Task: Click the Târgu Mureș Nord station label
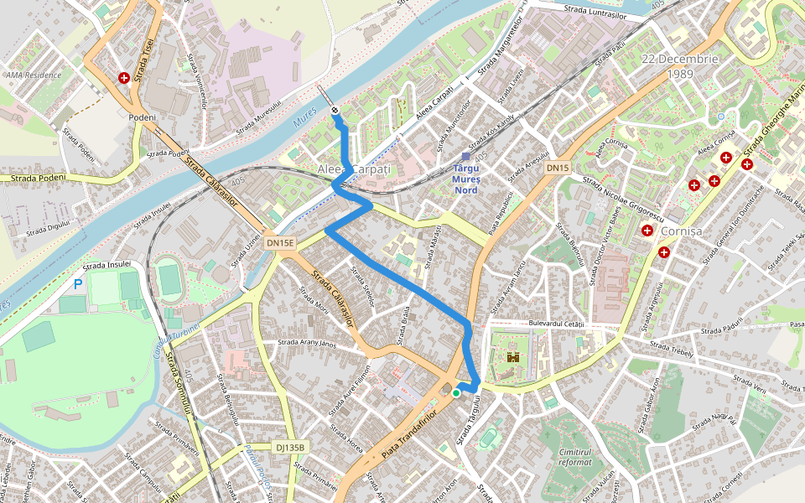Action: point(465,179)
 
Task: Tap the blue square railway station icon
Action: point(466,157)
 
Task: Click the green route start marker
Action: point(456,392)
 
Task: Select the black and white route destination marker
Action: point(335,110)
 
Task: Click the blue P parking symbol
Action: point(78,284)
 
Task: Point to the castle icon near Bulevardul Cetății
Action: point(512,357)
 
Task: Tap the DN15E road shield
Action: point(281,243)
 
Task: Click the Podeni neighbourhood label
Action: point(143,117)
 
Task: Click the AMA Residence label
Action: point(34,75)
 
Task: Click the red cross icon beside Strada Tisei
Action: point(124,78)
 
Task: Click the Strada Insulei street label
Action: point(107,264)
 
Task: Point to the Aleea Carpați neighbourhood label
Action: point(354,169)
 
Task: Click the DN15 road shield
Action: point(558,169)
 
